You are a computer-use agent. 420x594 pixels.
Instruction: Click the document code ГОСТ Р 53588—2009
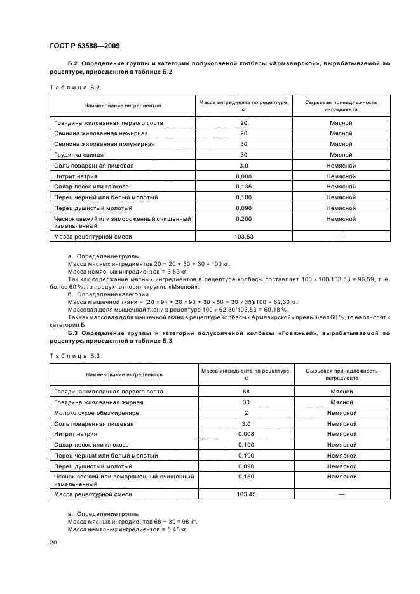(84, 46)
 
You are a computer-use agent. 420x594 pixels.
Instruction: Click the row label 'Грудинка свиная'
(78, 155)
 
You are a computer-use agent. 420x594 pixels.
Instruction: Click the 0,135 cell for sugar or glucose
(243, 187)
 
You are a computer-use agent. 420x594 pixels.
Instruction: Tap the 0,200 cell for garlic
(243, 218)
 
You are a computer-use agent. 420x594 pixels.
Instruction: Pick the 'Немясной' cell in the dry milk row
(341, 412)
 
